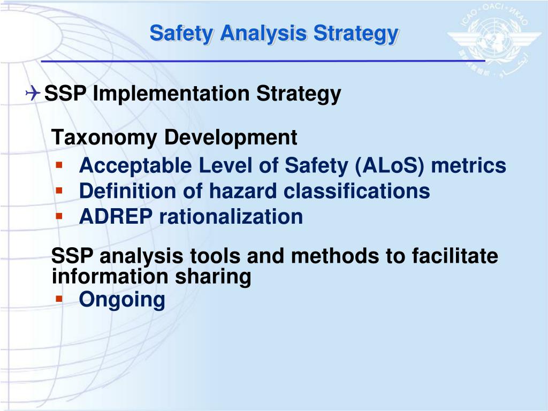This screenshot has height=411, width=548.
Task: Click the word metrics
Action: [x=469, y=166]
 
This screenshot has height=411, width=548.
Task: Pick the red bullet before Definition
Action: [x=59, y=189]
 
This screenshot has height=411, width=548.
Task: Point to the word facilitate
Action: [x=455, y=256]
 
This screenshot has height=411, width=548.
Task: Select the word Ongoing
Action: [x=122, y=300]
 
